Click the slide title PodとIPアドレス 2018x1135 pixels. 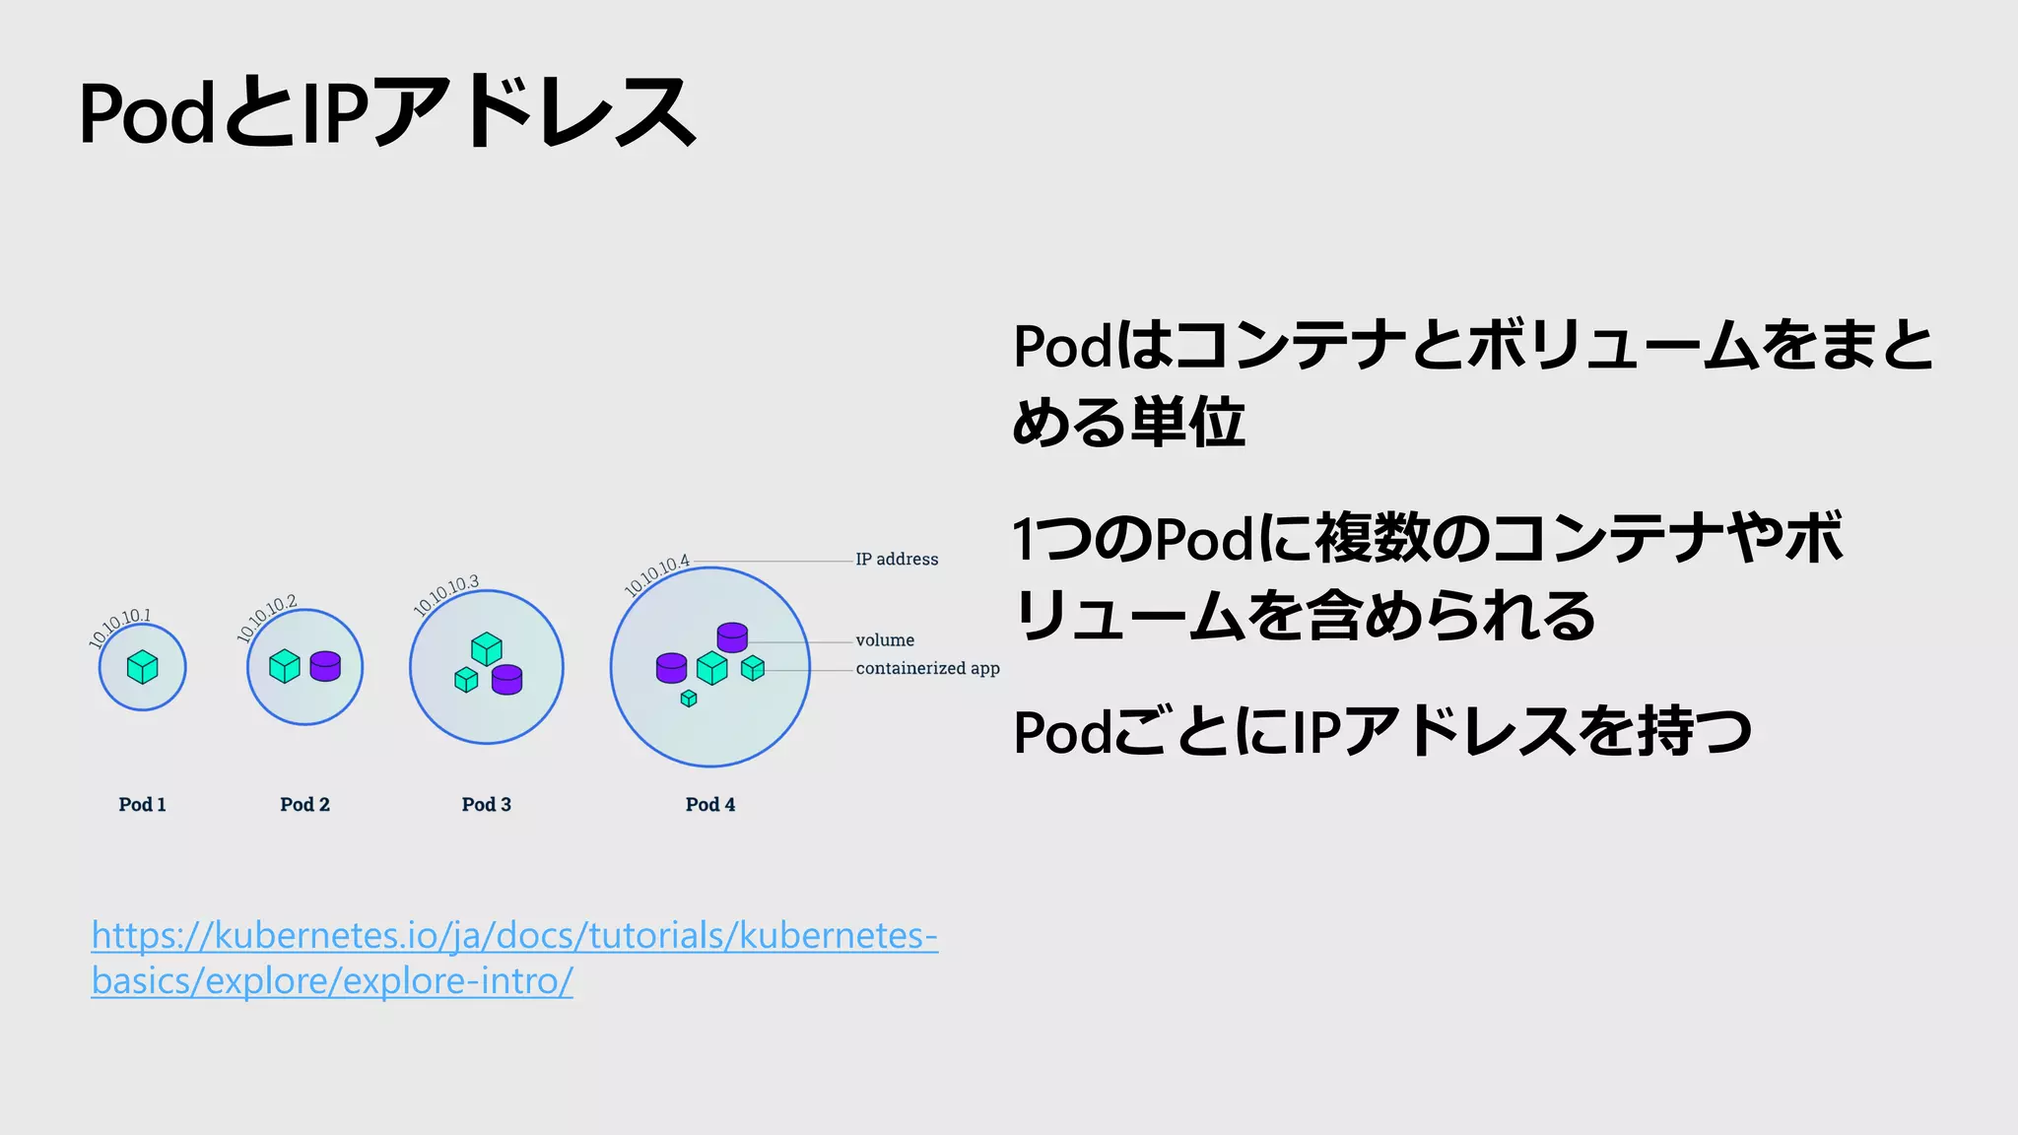click(x=386, y=113)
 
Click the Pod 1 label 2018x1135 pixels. click(x=142, y=804)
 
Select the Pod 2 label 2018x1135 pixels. click(x=304, y=804)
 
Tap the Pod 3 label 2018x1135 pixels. click(x=486, y=804)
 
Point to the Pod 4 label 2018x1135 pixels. click(x=709, y=804)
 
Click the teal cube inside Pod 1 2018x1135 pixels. click(x=143, y=667)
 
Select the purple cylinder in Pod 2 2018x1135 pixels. click(x=325, y=666)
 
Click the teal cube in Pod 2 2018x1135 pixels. click(x=285, y=666)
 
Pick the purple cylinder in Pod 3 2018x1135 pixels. click(x=506, y=680)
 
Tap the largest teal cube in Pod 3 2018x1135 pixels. click(x=487, y=649)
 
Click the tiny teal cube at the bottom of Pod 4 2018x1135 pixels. click(x=689, y=699)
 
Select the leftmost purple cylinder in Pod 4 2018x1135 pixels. click(x=671, y=668)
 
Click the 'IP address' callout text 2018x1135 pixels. click(x=897, y=560)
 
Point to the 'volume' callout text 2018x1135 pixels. click(x=885, y=640)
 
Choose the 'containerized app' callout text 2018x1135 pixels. click(x=927, y=668)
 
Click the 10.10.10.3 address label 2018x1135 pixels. click(x=446, y=595)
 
